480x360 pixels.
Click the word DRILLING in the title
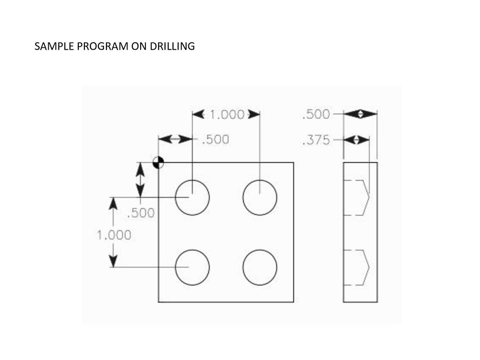click(x=172, y=46)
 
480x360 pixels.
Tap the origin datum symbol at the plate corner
click(x=158, y=162)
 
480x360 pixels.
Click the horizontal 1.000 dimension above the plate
click(x=226, y=114)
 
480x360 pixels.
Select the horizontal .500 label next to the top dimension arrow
click(x=215, y=140)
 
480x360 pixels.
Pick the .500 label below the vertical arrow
click(x=141, y=213)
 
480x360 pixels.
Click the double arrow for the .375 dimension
click(x=356, y=140)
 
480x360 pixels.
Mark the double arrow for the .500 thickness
click(x=360, y=114)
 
